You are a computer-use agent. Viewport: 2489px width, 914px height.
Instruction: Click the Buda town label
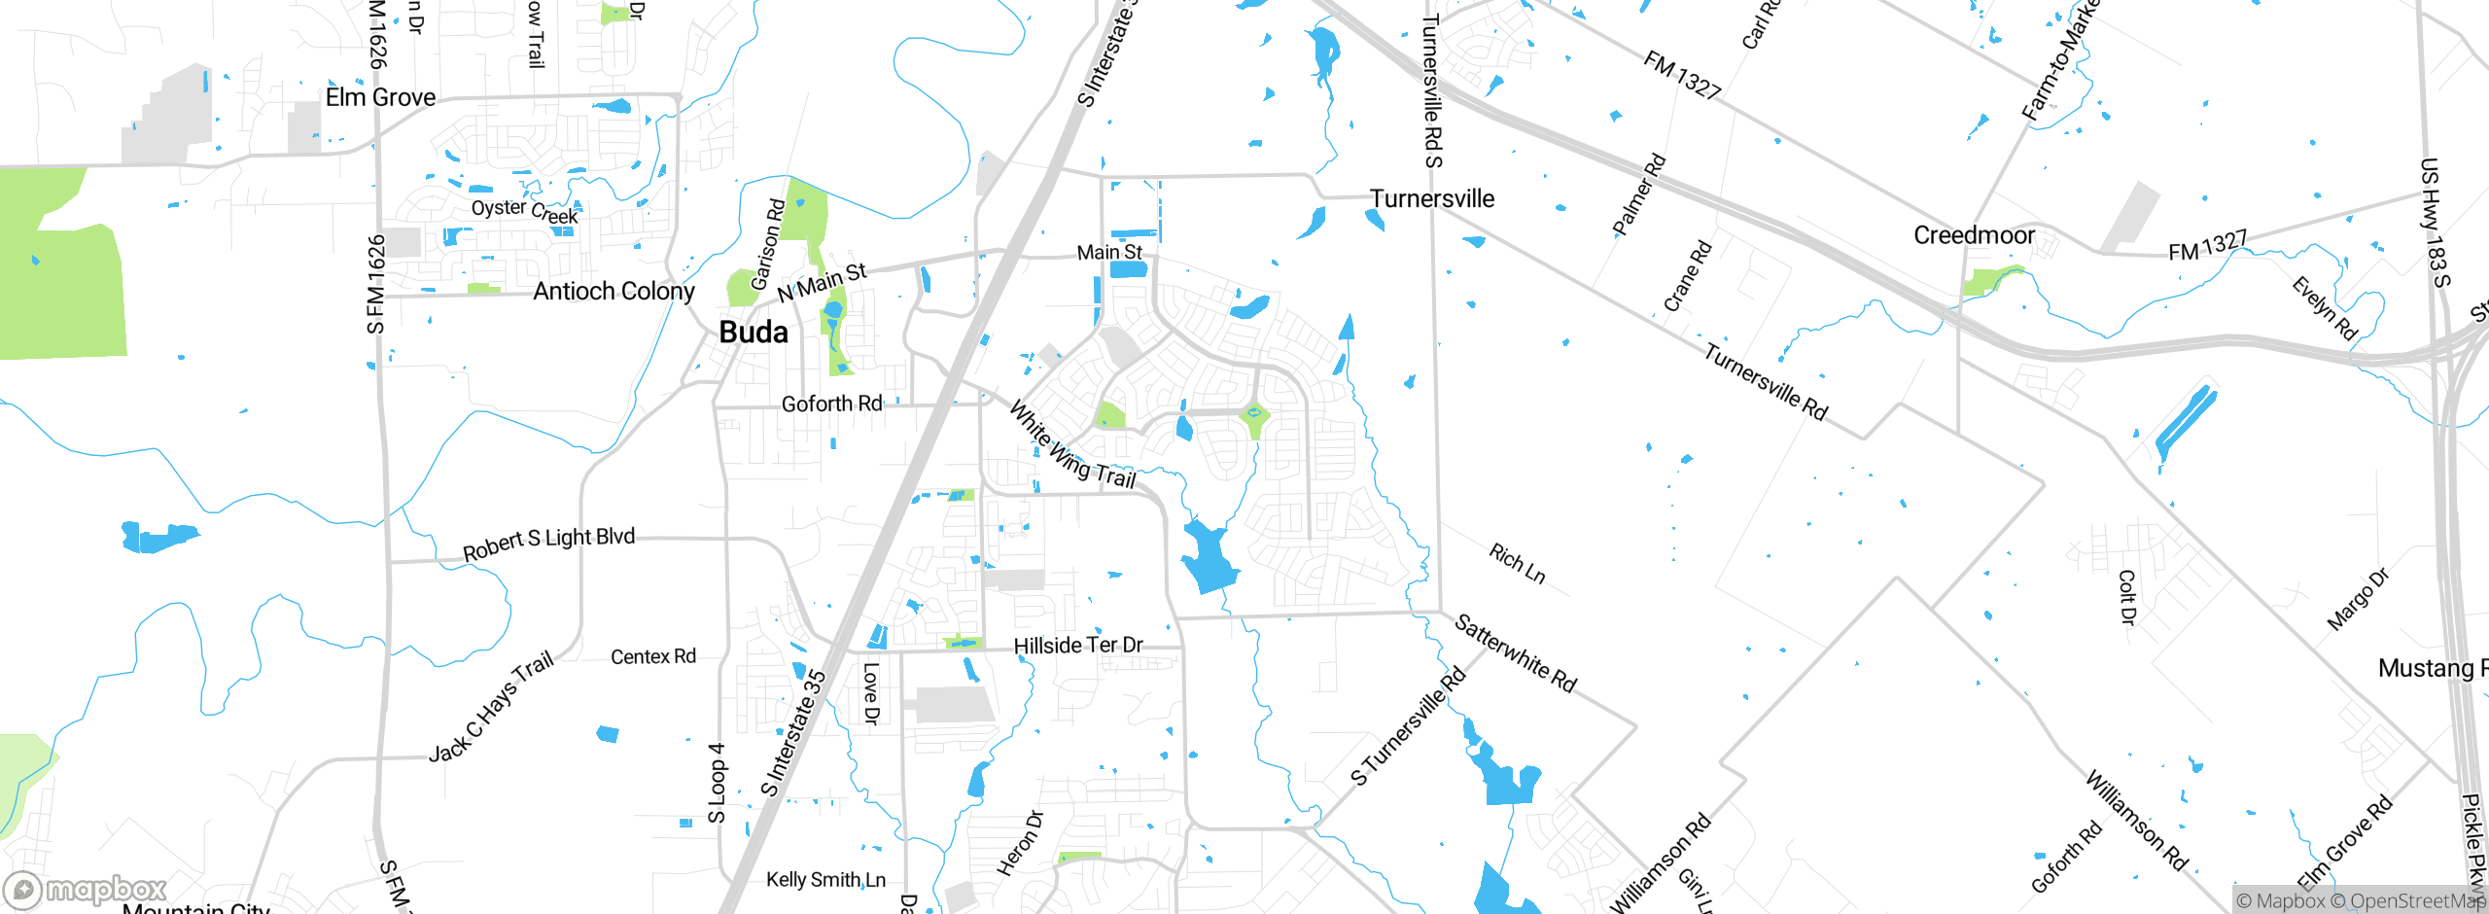coord(754,333)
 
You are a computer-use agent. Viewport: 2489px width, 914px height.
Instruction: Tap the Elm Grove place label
coord(380,97)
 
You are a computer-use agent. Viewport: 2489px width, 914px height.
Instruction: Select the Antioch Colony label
coord(613,291)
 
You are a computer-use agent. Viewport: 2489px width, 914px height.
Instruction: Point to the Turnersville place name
coord(1432,198)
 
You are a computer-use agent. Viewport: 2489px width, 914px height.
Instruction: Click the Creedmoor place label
coord(1974,235)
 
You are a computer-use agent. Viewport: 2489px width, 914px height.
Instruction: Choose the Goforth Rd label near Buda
coord(831,404)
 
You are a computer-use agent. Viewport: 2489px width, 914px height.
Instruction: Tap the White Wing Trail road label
coord(1072,446)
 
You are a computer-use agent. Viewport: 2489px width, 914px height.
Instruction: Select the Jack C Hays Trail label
coord(492,706)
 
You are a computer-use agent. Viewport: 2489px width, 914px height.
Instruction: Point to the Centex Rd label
coord(653,657)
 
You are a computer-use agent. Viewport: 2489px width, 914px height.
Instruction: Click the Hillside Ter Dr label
coord(1078,646)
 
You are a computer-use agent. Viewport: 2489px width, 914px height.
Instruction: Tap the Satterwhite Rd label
coord(1515,652)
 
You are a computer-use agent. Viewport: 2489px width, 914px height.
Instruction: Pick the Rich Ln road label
coord(1517,563)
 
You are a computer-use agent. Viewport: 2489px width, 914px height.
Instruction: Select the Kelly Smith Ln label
coord(825,880)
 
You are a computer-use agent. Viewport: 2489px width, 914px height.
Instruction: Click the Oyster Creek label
coord(525,211)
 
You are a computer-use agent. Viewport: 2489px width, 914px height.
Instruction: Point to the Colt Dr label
coord(2127,597)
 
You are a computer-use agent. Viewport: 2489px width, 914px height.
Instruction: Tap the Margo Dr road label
coord(2358,600)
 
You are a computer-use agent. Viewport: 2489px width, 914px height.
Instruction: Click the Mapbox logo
coord(86,889)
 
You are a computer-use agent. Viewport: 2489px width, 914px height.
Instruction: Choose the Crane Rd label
coord(1687,275)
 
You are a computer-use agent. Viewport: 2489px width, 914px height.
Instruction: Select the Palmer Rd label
coord(1639,194)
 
